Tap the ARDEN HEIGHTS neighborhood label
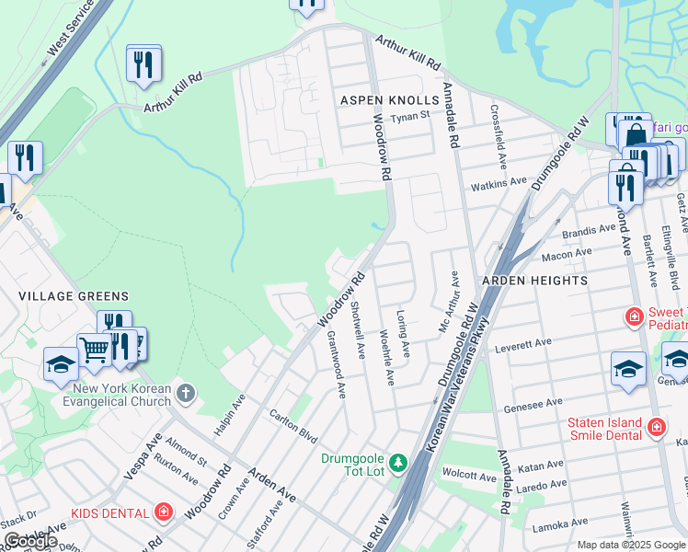click(x=533, y=280)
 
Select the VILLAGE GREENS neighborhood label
click(x=74, y=295)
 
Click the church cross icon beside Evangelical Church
click(x=187, y=394)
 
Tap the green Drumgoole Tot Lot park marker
click(x=398, y=461)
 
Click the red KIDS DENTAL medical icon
click(x=164, y=511)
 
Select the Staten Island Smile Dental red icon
click(x=657, y=427)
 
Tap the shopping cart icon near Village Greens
click(x=93, y=351)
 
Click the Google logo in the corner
click(x=30, y=540)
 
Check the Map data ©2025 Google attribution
click(x=630, y=545)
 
